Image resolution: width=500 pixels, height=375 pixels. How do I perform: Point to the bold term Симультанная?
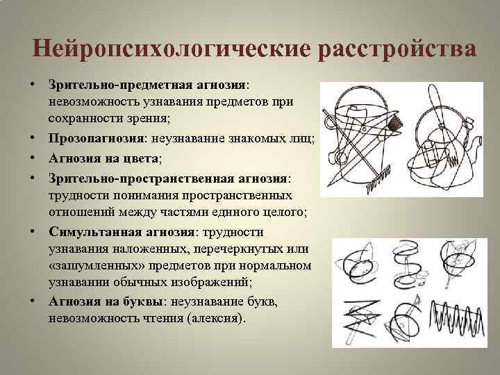(x=94, y=231)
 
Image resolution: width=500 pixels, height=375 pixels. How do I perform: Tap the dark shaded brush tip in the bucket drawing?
(x=397, y=125)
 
